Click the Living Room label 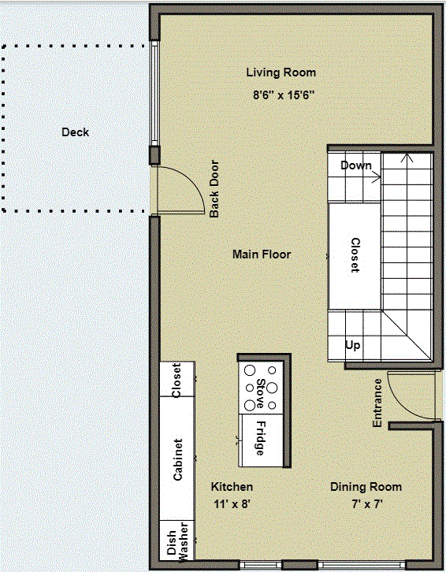281,72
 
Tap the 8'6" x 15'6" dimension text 284,95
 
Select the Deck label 75,132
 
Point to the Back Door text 214,189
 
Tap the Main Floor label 262,254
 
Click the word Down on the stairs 356,165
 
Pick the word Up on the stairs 352,345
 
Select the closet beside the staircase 355,256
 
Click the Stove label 260,393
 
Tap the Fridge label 260,439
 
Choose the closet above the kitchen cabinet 177,380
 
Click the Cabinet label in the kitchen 178,459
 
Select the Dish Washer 177,540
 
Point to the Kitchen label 232,487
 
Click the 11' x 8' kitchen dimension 232,504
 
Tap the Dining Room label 366,487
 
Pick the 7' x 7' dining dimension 366,504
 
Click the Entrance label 377,403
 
